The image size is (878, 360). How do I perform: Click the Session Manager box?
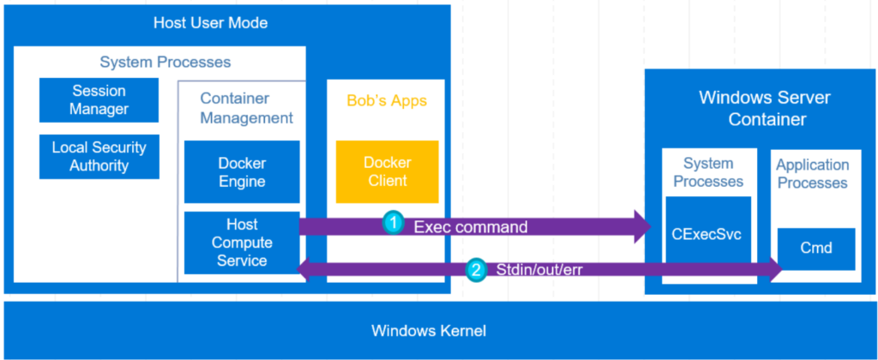pos(99,99)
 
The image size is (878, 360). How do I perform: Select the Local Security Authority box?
pos(99,156)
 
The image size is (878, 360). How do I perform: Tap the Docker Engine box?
pos(242,172)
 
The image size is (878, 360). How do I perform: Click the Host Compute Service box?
pos(242,243)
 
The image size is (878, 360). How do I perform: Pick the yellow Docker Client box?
pos(387,171)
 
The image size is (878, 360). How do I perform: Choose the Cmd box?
pos(815,248)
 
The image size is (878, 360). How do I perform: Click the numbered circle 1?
pos(393,225)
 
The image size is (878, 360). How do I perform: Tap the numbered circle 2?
pos(477,270)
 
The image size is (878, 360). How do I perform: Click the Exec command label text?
pos(470,226)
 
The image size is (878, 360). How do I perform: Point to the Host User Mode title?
pos(210,23)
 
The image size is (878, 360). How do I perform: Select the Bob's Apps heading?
pos(387,101)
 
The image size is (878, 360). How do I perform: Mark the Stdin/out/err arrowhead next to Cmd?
pos(776,271)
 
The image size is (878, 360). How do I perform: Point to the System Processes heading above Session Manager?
pos(165,63)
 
